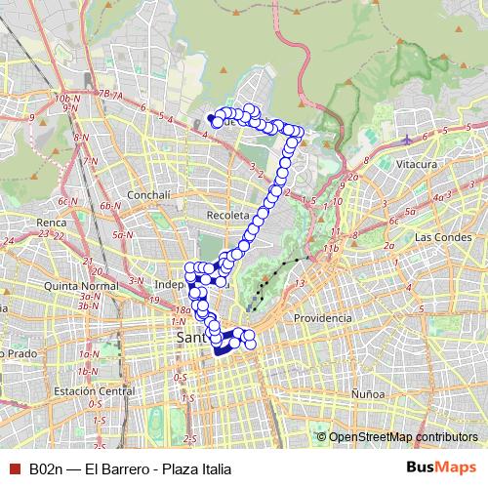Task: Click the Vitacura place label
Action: pos(417,165)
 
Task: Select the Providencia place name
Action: pos(322,319)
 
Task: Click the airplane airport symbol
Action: pos(407,139)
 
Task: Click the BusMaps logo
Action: pos(440,468)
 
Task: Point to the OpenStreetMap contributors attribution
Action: pos(403,437)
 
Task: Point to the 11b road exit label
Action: pos(334,250)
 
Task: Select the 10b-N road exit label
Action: pos(65,99)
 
